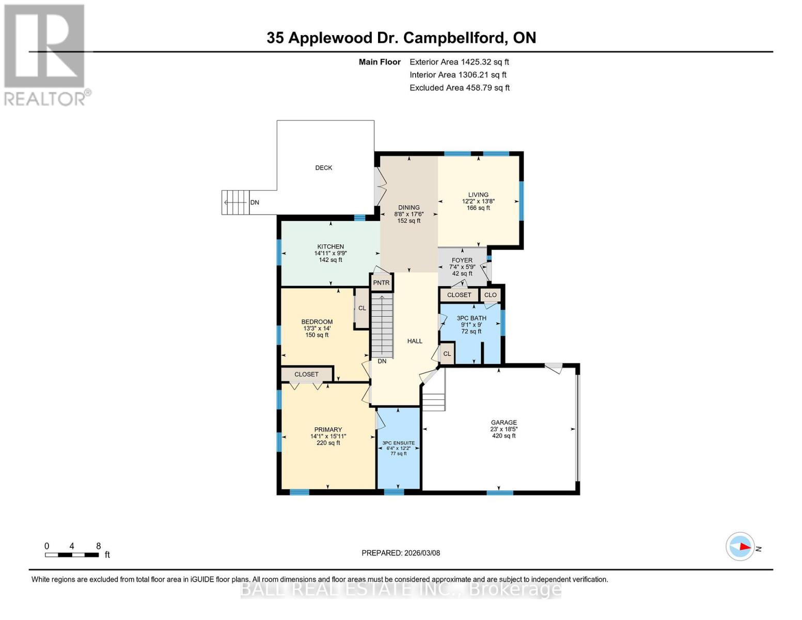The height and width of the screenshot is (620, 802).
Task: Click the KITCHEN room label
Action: [x=331, y=246]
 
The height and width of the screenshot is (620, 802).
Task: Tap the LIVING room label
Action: [x=478, y=195]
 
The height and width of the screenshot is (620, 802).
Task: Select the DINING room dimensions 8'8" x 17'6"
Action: [x=408, y=214]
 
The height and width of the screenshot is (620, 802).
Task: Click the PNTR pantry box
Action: [x=381, y=283]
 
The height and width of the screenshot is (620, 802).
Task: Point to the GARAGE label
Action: [x=504, y=422]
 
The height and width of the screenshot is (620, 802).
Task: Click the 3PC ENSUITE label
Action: [x=398, y=443]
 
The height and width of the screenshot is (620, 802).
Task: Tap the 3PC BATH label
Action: [x=471, y=318]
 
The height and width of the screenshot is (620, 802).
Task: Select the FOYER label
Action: [x=462, y=260]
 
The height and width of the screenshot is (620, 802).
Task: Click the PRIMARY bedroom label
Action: [x=328, y=429]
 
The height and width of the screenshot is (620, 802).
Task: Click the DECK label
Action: [x=324, y=167]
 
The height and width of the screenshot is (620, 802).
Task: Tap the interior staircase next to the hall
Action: [x=382, y=326]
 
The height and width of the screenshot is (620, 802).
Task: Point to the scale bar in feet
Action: [x=72, y=555]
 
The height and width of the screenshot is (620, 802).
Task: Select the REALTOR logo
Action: [x=45, y=55]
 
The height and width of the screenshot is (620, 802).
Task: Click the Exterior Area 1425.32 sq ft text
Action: [x=459, y=61]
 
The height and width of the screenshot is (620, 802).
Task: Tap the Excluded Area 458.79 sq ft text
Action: [x=460, y=88]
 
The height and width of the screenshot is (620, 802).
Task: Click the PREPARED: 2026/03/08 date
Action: [x=401, y=553]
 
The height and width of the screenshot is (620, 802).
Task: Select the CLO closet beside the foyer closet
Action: [x=490, y=295]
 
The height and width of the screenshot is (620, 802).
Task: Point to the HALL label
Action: [x=415, y=341]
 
